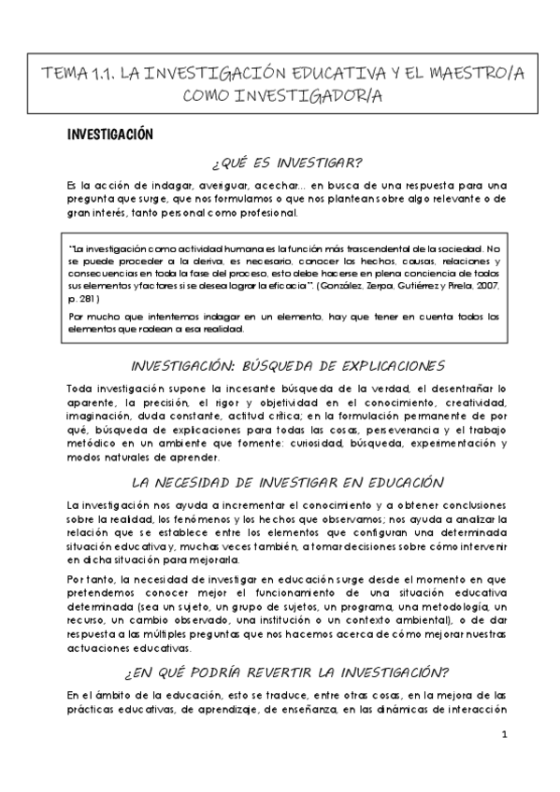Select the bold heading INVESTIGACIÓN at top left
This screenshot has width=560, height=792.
click(x=108, y=135)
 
